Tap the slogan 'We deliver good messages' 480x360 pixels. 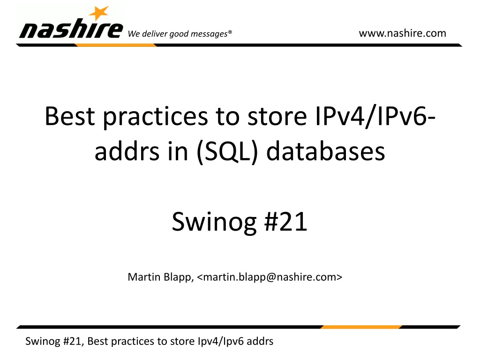click(x=178, y=34)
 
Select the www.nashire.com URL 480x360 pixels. click(x=403, y=33)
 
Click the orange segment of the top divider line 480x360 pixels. click(x=116, y=45)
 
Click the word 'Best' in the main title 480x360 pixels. click(x=70, y=116)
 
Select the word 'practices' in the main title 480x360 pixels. click(x=155, y=118)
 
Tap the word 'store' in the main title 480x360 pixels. click(x=277, y=117)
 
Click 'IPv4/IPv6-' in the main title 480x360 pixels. click(x=375, y=116)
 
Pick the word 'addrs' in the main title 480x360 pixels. click(x=127, y=151)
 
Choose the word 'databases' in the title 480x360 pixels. click(x=326, y=151)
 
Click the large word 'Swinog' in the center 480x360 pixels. click(x=214, y=223)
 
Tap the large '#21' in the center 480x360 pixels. click(x=285, y=222)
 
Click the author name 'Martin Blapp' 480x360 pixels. click(x=161, y=277)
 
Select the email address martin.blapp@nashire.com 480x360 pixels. click(x=270, y=277)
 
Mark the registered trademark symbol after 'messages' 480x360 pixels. click(x=230, y=31)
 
